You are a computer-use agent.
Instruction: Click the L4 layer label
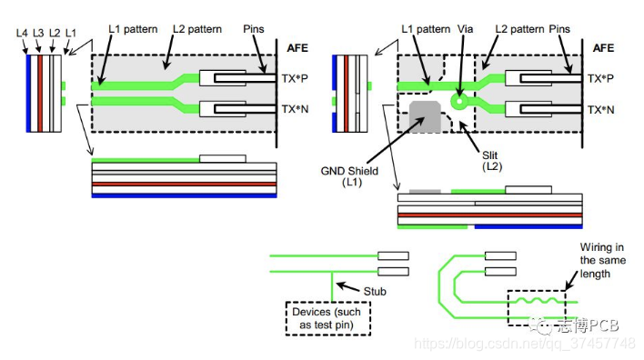[22, 34]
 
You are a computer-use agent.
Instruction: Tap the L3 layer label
[38, 34]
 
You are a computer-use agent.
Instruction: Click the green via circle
[459, 101]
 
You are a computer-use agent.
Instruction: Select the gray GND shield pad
[425, 116]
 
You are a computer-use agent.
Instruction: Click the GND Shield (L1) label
[349, 176]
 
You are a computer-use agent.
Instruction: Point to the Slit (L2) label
[491, 161]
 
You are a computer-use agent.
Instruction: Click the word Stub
[375, 292]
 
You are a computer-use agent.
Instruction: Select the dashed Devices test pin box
[328, 318]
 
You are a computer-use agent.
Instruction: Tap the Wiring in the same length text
[602, 260]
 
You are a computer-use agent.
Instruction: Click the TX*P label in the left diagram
[295, 78]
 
